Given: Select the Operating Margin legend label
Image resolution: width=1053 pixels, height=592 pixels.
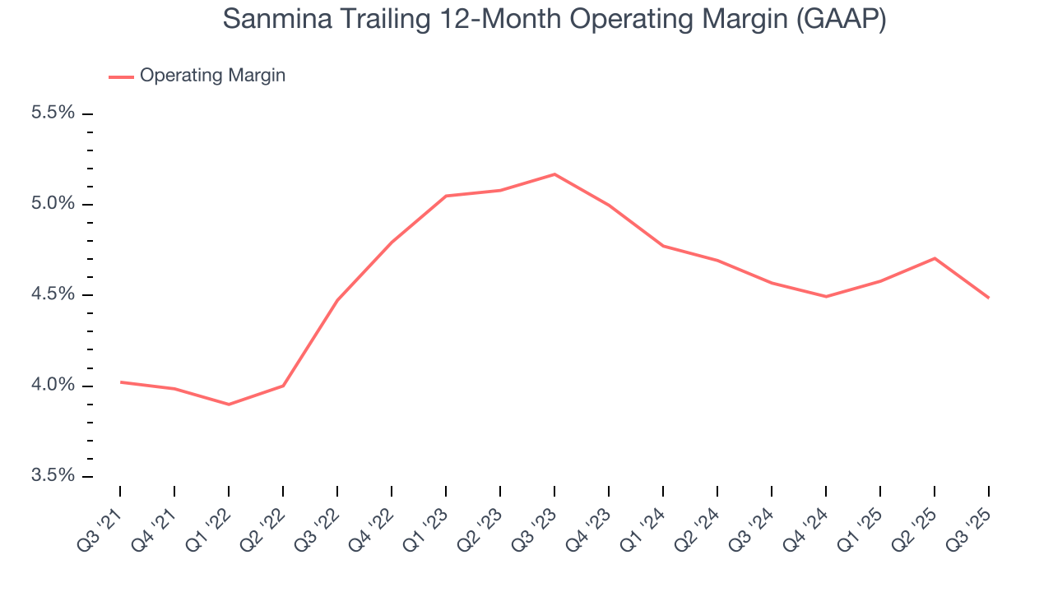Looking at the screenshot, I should (212, 76).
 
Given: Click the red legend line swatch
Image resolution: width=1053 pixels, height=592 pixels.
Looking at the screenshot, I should (121, 76).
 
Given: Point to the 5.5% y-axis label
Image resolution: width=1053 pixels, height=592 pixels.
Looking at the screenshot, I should (53, 113).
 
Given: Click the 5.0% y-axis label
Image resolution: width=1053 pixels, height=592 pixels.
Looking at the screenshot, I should (53, 204).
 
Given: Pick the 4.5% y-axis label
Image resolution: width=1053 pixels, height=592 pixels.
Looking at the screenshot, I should (53, 294).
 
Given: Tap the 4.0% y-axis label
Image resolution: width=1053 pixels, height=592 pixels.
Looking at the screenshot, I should (53, 386).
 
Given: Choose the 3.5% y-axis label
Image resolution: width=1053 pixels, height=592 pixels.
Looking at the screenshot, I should (53, 476).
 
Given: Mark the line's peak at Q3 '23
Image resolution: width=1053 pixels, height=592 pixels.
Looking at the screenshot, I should (554, 174).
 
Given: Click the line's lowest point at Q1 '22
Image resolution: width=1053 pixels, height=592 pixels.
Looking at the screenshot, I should (229, 405).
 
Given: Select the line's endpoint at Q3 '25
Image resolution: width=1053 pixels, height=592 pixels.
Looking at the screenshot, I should (988, 298).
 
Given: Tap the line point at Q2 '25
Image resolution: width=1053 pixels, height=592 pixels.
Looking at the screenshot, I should (935, 258).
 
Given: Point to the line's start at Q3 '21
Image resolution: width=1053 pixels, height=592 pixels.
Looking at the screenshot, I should (120, 382).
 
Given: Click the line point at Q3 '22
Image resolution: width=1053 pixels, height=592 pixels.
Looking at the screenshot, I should (337, 300).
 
